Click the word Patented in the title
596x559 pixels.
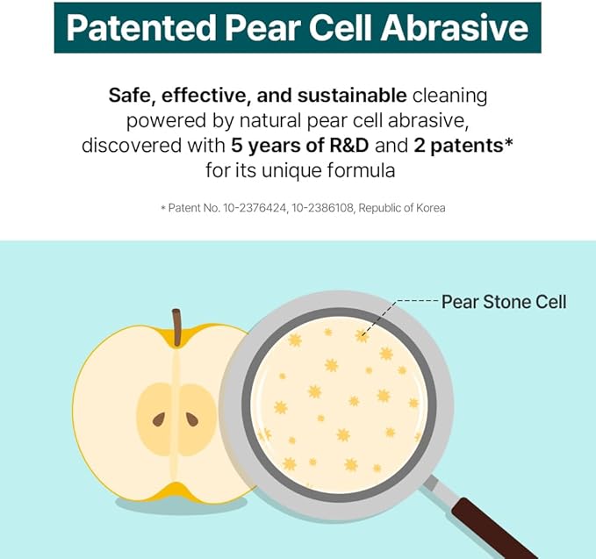coord(140,27)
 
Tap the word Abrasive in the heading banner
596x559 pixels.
coord(455,27)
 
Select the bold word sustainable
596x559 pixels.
coord(352,95)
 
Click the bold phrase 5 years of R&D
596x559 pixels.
coord(300,145)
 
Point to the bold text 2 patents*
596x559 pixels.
coord(463,145)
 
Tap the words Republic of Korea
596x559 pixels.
coord(402,208)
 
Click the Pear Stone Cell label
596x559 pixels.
coord(504,302)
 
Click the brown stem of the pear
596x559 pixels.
coord(176,327)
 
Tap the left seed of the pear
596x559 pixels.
coord(159,419)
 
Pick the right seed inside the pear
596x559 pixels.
coord(192,419)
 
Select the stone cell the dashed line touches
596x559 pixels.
coord(361,336)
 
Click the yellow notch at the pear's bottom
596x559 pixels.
coord(176,491)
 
